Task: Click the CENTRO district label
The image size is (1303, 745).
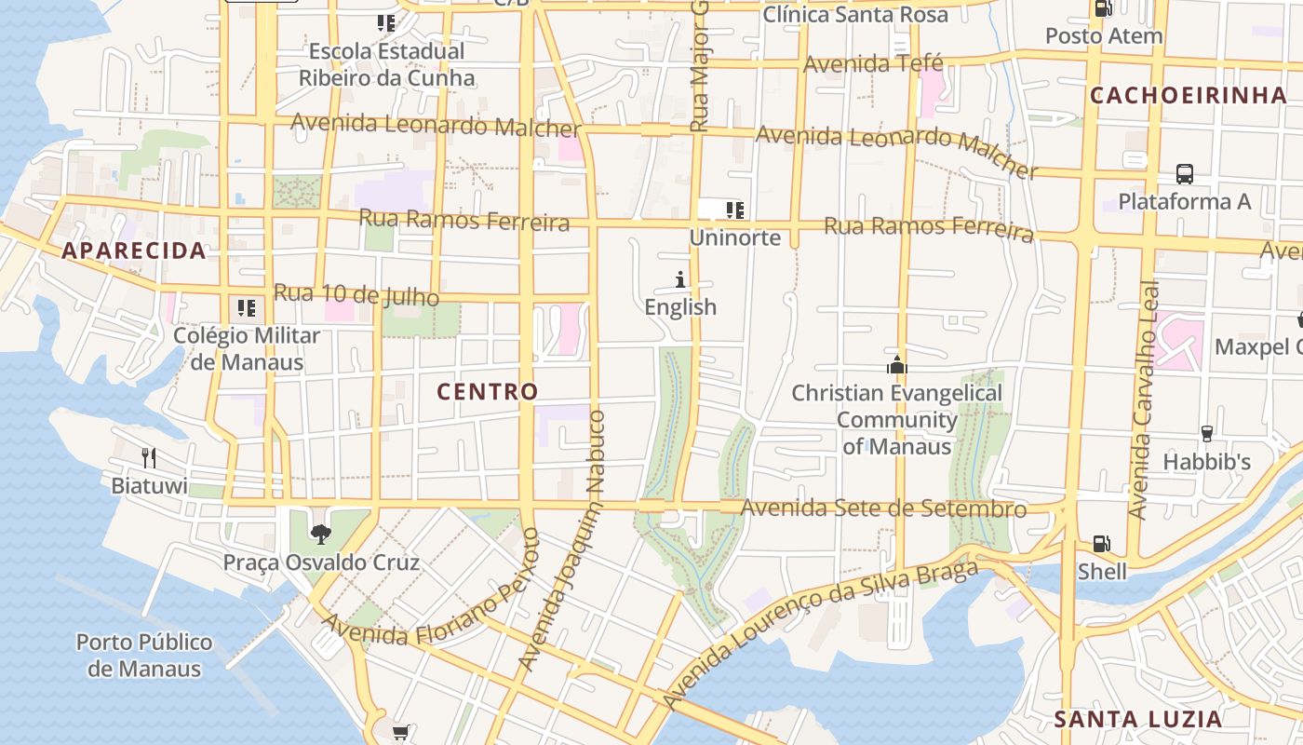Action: [488, 392]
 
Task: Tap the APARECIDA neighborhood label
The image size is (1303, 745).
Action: [134, 251]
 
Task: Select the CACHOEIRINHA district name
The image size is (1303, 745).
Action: [1189, 95]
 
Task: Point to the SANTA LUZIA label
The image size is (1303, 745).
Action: [1137, 719]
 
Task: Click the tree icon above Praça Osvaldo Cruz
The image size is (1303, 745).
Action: [321, 534]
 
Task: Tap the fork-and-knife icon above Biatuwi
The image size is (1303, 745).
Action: [149, 457]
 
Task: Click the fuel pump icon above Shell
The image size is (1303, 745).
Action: [1101, 543]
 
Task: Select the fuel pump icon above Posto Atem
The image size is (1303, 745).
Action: [1104, 8]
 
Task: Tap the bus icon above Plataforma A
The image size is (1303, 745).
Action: [1184, 174]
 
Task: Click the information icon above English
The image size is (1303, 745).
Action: [680, 279]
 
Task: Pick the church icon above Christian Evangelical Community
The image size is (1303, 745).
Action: [896, 365]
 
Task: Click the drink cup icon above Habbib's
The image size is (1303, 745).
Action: [1206, 433]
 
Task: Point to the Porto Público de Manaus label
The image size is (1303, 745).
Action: [144, 655]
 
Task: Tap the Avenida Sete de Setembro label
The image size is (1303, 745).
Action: [884, 508]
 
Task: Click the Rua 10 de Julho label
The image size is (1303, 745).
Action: [356, 295]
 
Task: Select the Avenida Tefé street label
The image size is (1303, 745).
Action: [873, 64]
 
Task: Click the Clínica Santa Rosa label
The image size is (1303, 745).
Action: [855, 15]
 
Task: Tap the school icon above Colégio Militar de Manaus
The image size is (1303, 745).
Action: [247, 307]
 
